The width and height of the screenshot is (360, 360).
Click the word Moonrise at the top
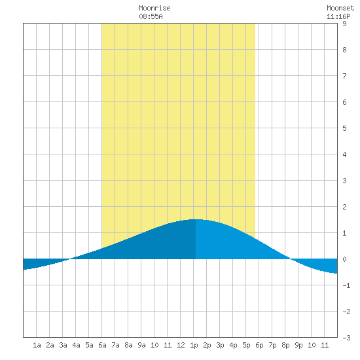154,8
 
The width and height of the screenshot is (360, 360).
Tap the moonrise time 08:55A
151,16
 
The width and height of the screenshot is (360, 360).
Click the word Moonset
340,8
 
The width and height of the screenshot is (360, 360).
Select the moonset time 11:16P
338,16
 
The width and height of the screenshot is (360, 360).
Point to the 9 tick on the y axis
344,24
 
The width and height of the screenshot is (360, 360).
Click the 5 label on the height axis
344,128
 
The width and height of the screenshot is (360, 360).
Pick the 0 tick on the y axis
344,259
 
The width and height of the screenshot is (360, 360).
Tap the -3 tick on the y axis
346,338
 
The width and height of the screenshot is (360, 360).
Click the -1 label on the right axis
346,285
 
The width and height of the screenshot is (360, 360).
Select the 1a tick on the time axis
37,345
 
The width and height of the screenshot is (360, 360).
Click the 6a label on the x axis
102,345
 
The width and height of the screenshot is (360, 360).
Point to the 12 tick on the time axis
181,345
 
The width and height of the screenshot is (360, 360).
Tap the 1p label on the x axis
194,345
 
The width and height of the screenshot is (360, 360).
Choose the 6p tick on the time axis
259,345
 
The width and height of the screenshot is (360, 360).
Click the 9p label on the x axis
298,345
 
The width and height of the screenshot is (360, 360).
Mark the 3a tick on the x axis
63,345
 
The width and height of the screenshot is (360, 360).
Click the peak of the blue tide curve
195,219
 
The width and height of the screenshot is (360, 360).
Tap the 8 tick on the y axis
344,50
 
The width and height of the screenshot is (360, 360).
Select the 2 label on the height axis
344,207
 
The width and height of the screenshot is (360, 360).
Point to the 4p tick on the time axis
233,345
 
